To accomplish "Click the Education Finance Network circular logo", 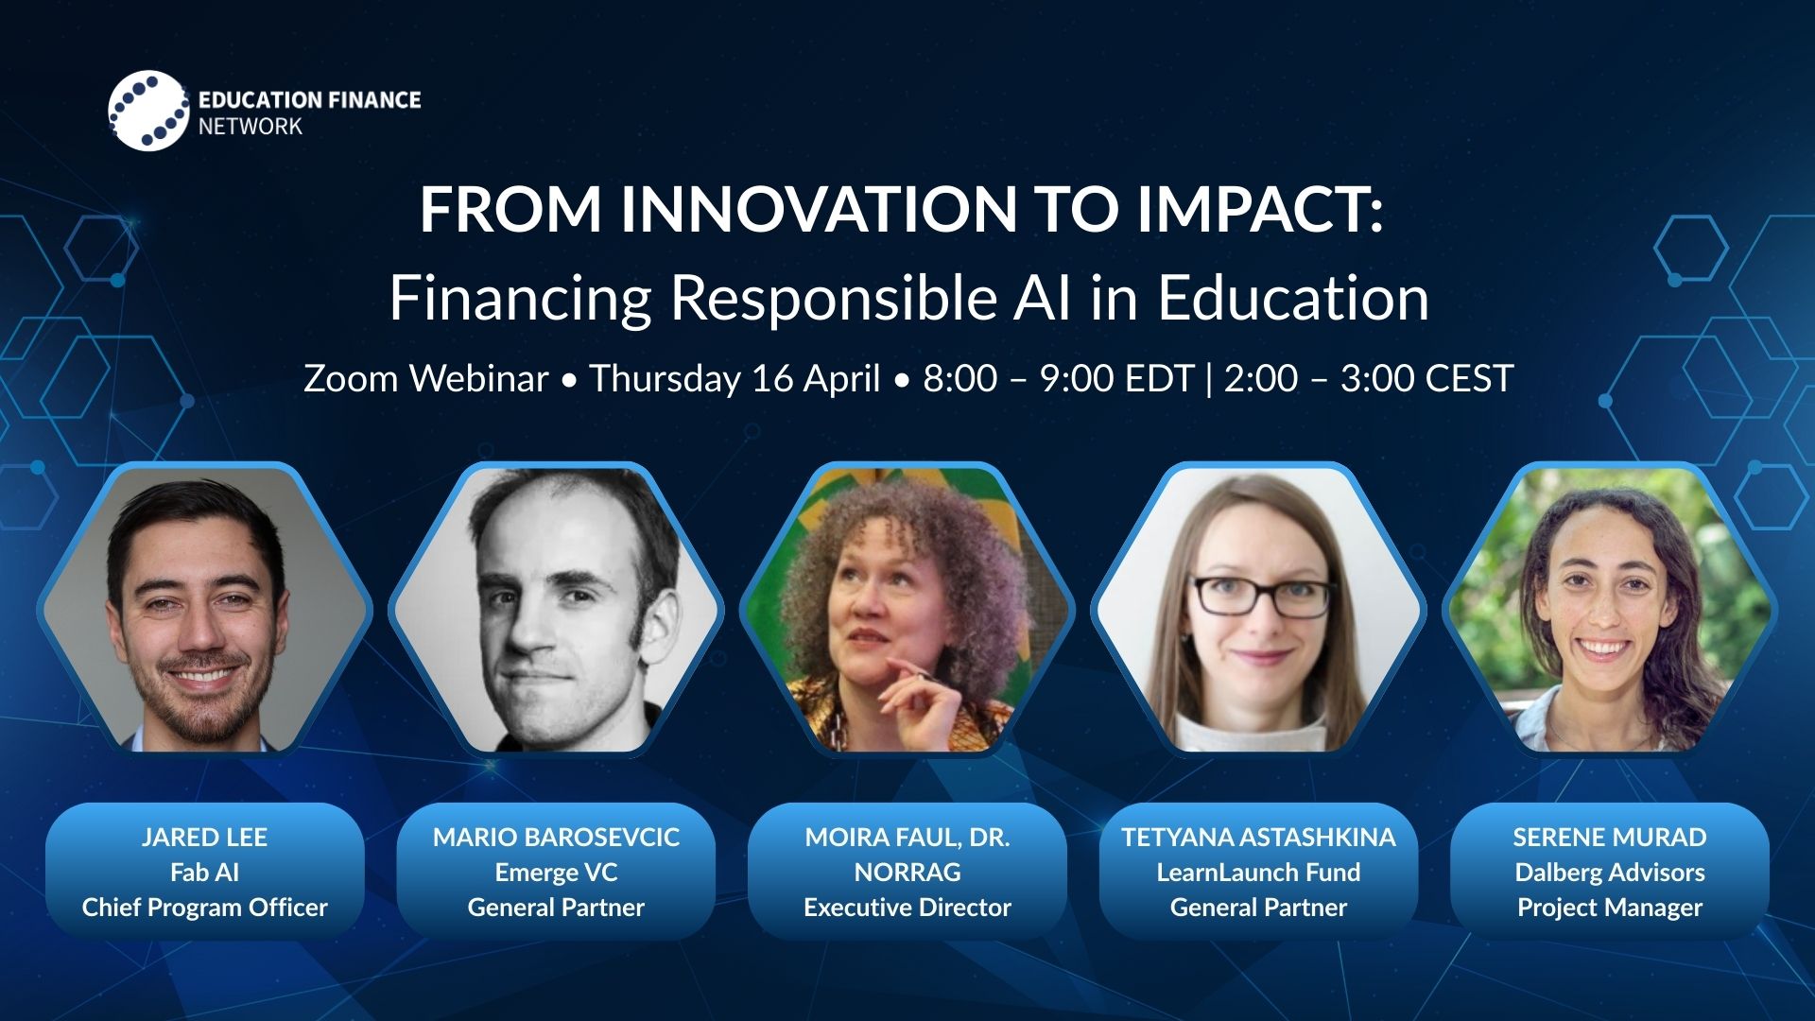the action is click(148, 111).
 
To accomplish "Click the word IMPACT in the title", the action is click(1260, 209).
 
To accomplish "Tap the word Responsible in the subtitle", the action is click(833, 299).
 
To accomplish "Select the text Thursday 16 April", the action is click(735, 378).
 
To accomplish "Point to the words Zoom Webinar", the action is click(425, 378).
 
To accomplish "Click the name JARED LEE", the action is click(204, 837).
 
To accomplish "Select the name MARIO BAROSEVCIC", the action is click(556, 837).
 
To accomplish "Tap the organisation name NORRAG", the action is click(907, 872).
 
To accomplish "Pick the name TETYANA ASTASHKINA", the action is click(1258, 837).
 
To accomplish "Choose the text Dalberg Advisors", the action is click(1610, 873).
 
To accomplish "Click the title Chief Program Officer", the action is click(204, 908).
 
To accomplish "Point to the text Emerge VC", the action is click(556, 873).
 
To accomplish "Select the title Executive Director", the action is click(907, 908).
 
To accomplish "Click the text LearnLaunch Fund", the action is click(1258, 872).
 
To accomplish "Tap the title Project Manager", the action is click(1610, 908).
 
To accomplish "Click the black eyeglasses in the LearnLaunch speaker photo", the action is click(1264, 597).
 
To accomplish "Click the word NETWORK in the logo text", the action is click(250, 127).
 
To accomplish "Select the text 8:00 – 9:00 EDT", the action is click(1059, 378).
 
